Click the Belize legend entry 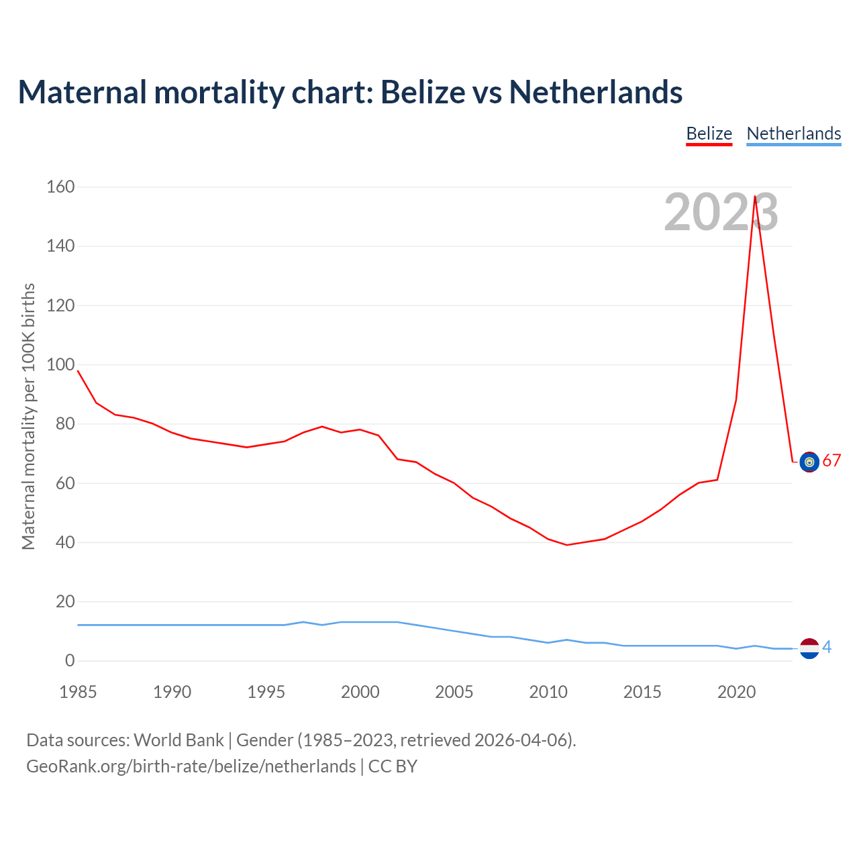pyautogui.click(x=709, y=134)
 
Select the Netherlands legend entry pyautogui.click(x=793, y=134)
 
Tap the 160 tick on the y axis pyautogui.click(x=60, y=187)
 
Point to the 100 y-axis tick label pyautogui.click(x=60, y=364)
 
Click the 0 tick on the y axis pyautogui.click(x=70, y=660)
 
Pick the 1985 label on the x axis pyautogui.click(x=78, y=692)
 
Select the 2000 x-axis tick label pyautogui.click(x=360, y=692)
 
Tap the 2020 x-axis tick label pyautogui.click(x=736, y=692)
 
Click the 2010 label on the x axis pyautogui.click(x=548, y=692)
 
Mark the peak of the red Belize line pyautogui.click(x=755, y=197)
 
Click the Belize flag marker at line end pyautogui.click(x=809, y=462)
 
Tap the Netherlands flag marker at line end pyautogui.click(x=809, y=648)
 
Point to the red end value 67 pyautogui.click(x=831, y=461)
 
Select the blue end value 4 pyautogui.click(x=827, y=647)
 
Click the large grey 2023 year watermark pyautogui.click(x=721, y=212)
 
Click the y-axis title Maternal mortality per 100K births pyautogui.click(x=28, y=416)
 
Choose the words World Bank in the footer pyautogui.click(x=179, y=740)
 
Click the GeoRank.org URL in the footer pyautogui.click(x=191, y=766)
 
